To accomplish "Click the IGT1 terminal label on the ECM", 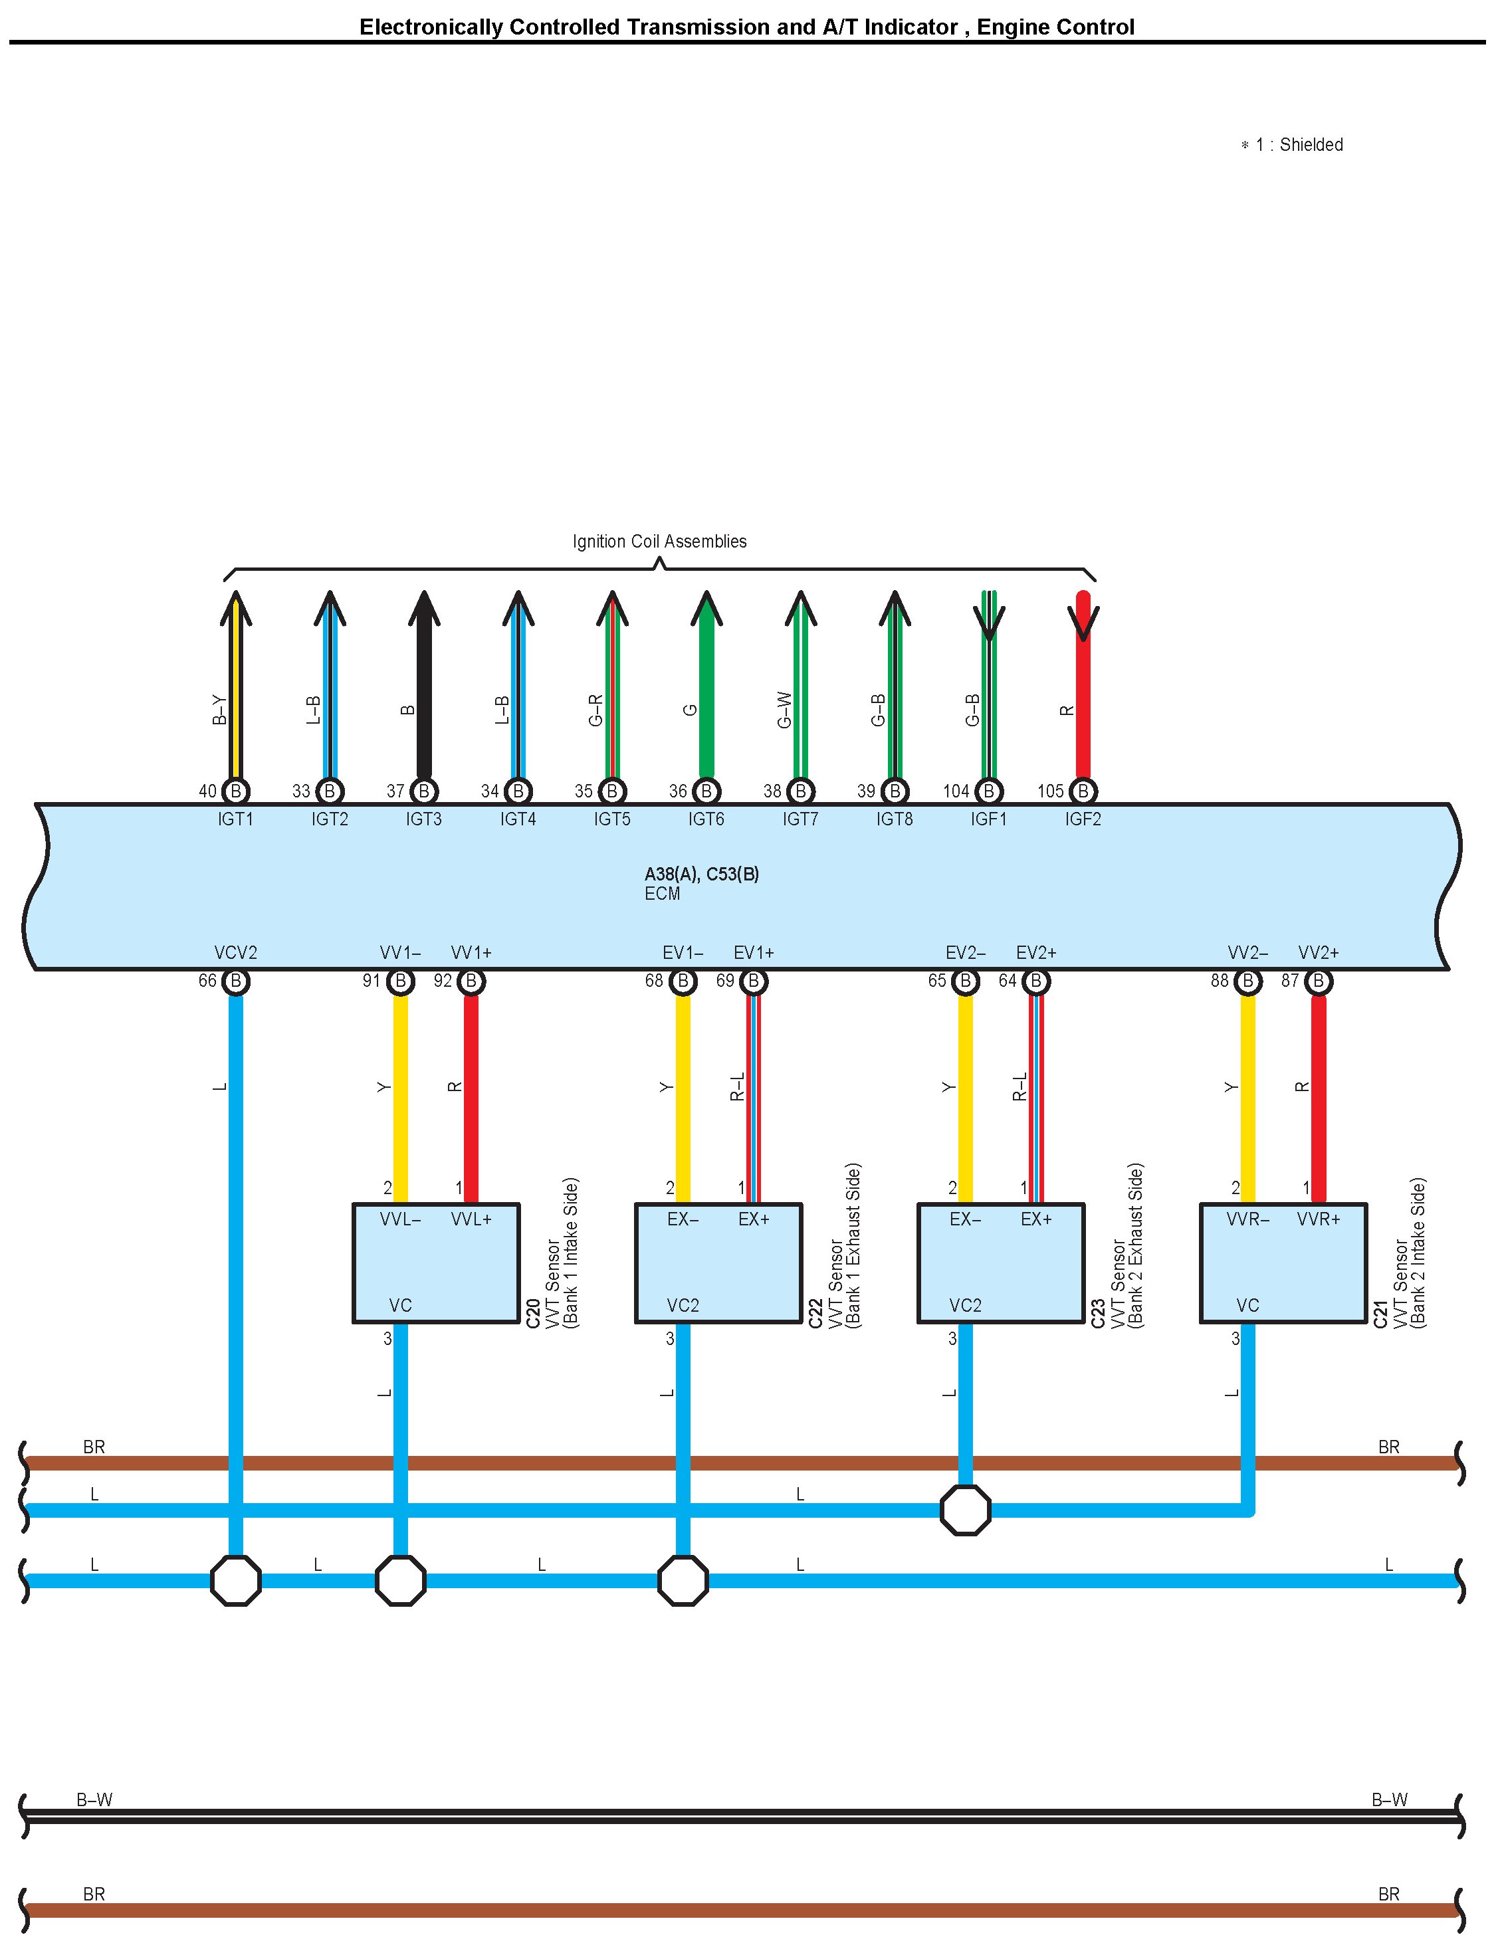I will tap(235, 819).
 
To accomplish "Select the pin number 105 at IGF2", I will tap(1050, 791).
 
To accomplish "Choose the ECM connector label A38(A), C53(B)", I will tap(702, 874).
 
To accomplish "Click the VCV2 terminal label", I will tap(235, 953).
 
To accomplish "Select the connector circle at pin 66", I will tap(235, 981).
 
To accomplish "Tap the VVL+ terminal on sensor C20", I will tap(472, 1219).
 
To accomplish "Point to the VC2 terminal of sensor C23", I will tap(966, 1305).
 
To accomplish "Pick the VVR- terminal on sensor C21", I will tap(1248, 1219).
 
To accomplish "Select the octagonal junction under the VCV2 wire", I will tap(235, 1581).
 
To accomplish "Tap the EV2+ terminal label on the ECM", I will tap(1036, 953).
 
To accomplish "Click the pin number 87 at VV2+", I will tap(1290, 981).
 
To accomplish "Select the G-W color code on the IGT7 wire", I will tap(784, 710).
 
